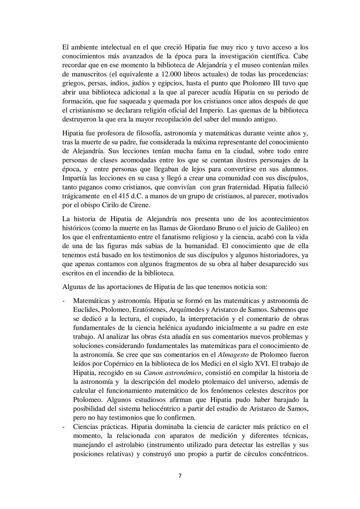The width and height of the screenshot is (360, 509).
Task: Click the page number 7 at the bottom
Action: tap(180, 476)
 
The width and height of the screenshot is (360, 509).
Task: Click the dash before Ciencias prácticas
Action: tap(64, 427)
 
